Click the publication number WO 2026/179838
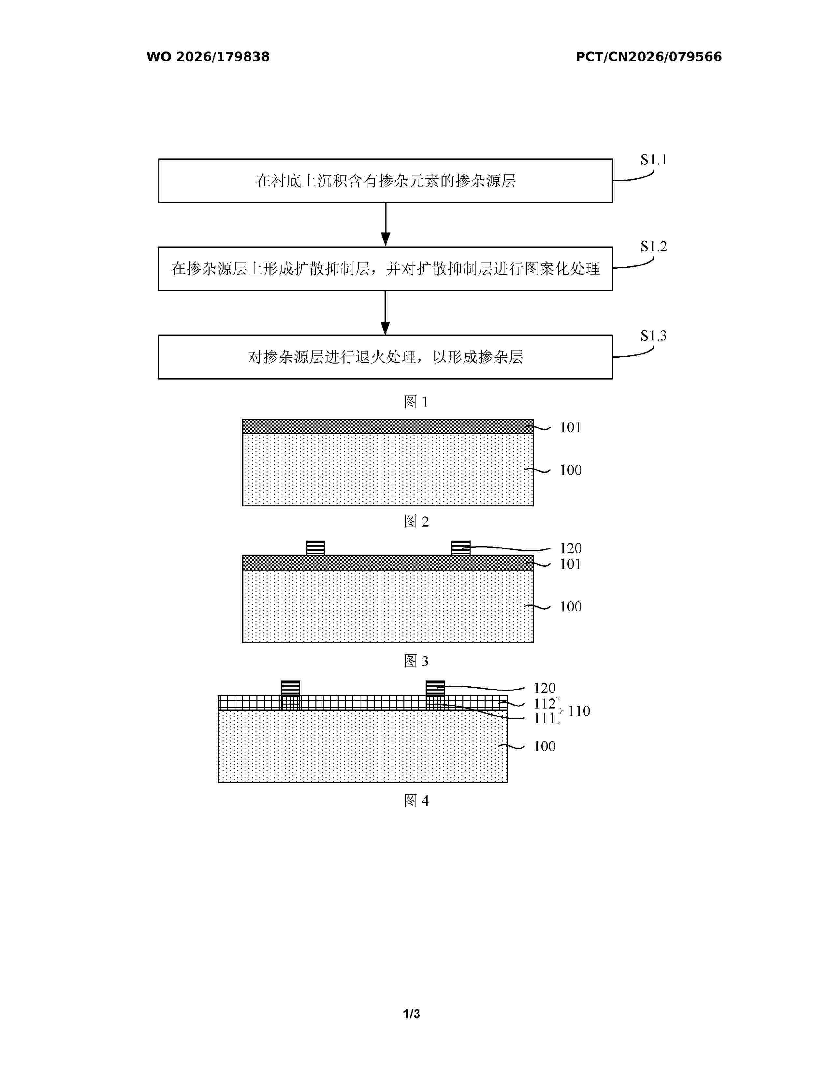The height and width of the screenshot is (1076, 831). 208,57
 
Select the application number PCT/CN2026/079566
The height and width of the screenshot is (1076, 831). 649,57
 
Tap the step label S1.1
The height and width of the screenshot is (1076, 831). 653,160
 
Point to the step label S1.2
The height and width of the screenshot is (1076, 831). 653,246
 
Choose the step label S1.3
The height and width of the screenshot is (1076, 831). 653,336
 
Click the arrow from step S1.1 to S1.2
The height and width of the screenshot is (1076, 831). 386,225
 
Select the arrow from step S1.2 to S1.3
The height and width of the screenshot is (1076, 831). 386,313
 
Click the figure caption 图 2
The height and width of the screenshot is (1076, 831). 416,521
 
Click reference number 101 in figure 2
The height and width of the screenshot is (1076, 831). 570,428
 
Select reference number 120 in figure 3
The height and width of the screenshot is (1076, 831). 570,548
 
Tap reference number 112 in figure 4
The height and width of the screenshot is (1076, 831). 545,704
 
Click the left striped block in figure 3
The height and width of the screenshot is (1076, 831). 315,548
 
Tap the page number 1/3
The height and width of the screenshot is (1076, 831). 412,1014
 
